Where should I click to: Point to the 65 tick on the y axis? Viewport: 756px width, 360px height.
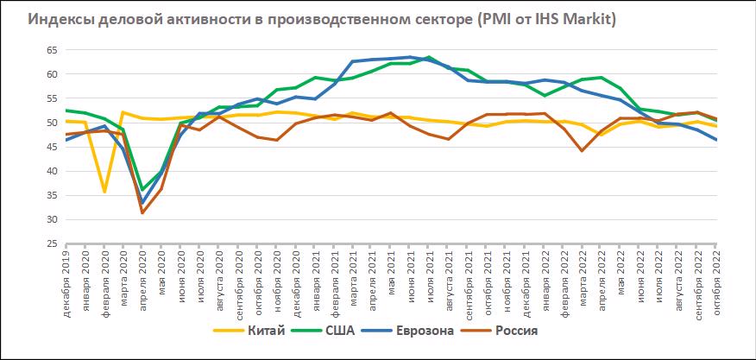coord(51,49)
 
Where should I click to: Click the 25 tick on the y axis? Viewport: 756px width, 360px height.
coord(51,243)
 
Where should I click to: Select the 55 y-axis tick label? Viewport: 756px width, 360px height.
coord(51,98)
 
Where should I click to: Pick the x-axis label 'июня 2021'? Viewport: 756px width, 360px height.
coord(410,280)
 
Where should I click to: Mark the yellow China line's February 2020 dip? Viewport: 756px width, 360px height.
coord(105,192)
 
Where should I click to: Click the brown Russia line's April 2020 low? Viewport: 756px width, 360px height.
coord(143,212)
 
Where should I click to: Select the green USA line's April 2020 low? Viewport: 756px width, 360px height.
coord(143,189)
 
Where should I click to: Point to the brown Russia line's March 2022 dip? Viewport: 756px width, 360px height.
coord(583,150)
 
